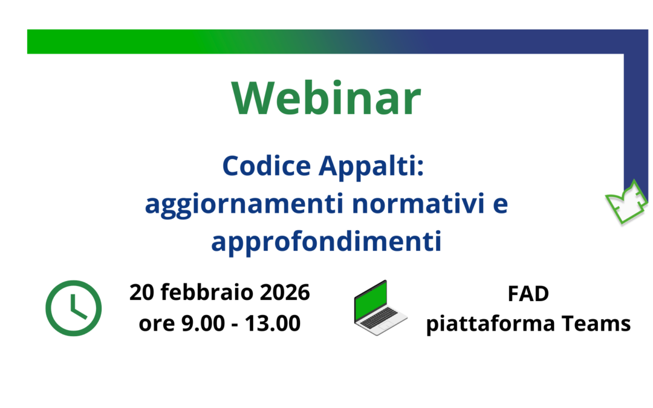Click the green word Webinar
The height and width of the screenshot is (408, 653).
(326, 99)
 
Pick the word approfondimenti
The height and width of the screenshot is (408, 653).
(326, 242)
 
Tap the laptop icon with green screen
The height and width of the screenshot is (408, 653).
(380, 308)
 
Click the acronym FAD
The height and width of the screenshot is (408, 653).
(528, 294)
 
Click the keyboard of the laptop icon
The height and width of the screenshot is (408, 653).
(379, 320)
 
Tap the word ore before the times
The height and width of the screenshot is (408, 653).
(155, 324)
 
